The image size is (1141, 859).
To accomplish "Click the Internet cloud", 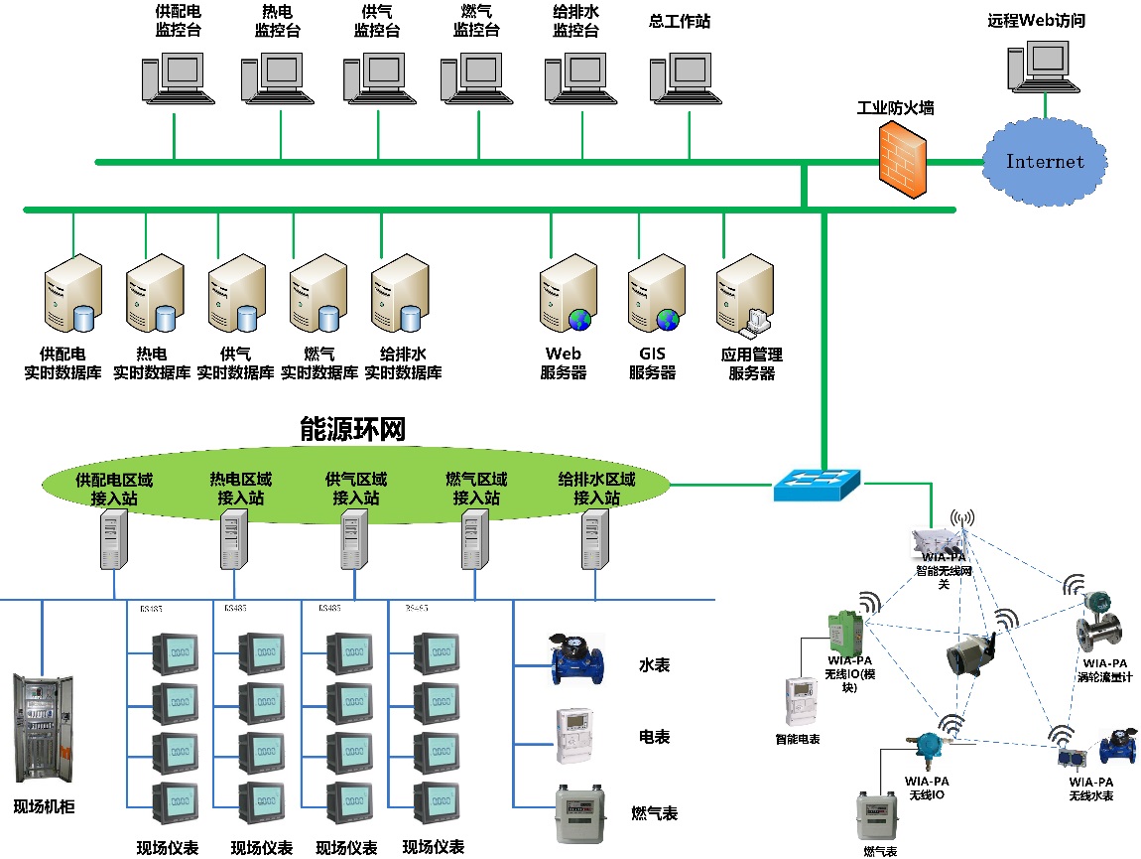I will [1044, 161].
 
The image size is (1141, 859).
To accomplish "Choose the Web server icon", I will [569, 292].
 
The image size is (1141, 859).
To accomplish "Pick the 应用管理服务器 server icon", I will [746, 292].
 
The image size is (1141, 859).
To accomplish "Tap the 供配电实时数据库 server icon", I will [72, 292].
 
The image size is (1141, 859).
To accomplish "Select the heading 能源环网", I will [352, 429].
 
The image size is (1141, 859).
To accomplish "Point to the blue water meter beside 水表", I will [579, 658].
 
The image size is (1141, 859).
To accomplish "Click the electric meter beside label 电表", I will [581, 736].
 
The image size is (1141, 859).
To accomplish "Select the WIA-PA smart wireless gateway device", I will [937, 541].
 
